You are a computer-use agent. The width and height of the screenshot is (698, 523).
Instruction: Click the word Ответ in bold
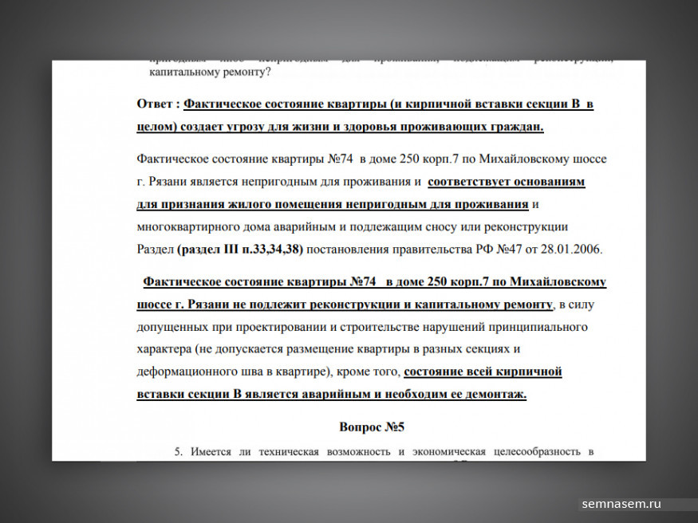[x=156, y=104]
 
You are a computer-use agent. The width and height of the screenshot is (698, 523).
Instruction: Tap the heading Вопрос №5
[x=372, y=427]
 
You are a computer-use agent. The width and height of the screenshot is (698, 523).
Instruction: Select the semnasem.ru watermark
[x=622, y=504]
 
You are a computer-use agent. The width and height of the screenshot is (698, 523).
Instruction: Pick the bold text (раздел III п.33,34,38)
[x=240, y=249]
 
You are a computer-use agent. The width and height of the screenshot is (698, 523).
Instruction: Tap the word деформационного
[x=187, y=372]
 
